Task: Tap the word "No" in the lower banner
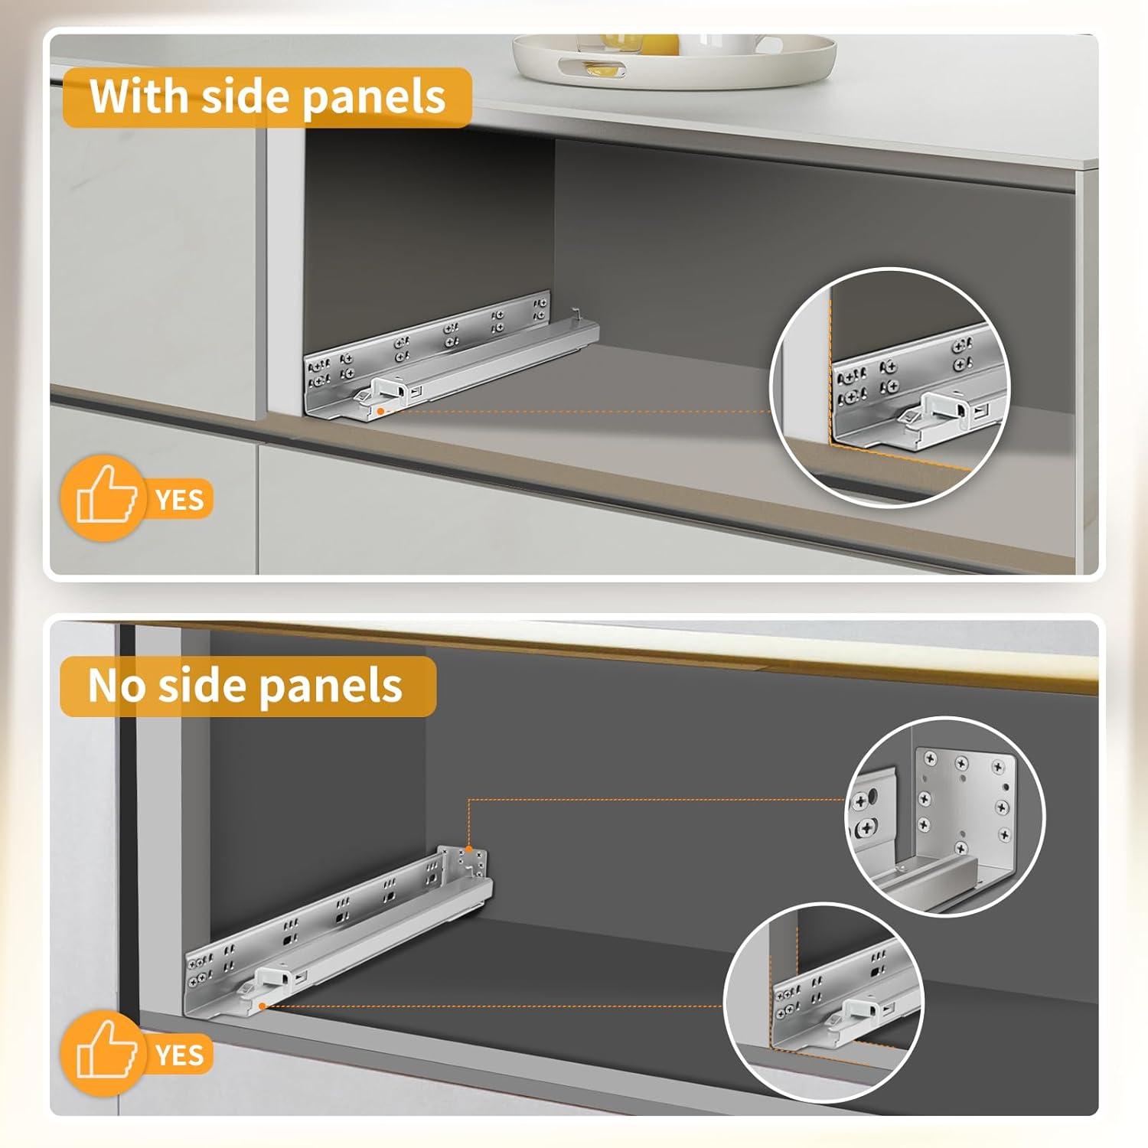[116, 686]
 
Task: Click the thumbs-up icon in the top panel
[106, 500]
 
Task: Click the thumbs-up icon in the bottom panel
[106, 1055]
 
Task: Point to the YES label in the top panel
[180, 501]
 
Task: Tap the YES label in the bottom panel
[180, 1055]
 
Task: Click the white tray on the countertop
[673, 61]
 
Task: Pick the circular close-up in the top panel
[890, 387]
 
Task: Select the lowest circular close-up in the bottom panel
[823, 1003]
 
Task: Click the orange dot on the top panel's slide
[380, 411]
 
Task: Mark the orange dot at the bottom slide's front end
[263, 1006]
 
